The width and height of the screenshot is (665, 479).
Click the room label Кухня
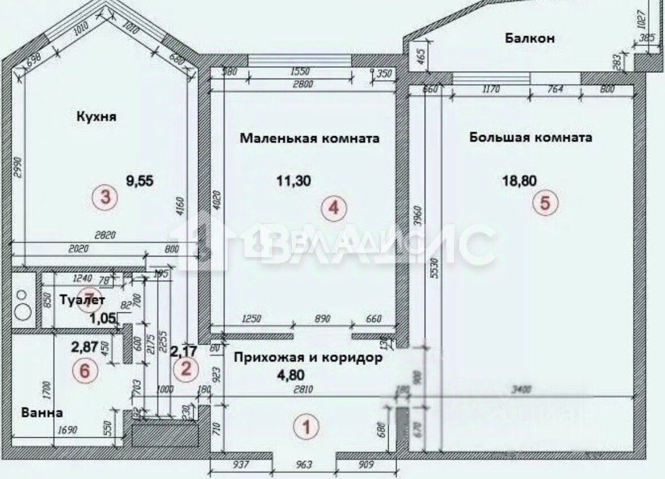click(96, 117)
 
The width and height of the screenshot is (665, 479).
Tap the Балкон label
click(530, 38)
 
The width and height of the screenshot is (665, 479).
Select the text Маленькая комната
click(309, 138)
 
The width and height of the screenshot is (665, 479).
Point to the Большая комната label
click(530, 137)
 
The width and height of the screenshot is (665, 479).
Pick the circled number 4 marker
click(333, 208)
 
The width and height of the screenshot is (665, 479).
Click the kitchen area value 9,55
click(139, 181)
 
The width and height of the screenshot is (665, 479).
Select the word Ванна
click(41, 412)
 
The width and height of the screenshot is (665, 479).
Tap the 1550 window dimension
click(297, 72)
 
